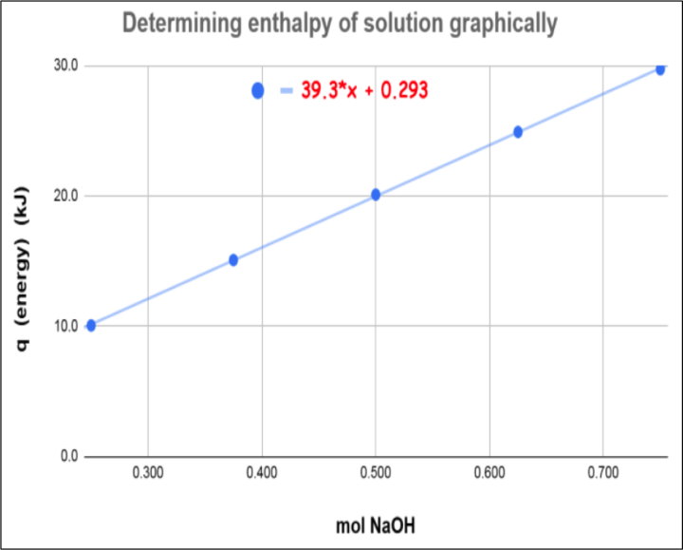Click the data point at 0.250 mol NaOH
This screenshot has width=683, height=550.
(x=91, y=325)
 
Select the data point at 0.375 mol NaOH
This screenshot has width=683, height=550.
(x=233, y=259)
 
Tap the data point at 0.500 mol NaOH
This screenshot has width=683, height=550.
(x=376, y=195)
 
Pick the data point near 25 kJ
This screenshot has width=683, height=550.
(x=518, y=132)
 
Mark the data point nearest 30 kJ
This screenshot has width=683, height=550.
(x=660, y=69)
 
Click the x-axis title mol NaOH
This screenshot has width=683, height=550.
(x=375, y=525)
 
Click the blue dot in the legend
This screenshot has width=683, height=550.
(x=258, y=90)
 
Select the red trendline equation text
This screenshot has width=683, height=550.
(x=365, y=90)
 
